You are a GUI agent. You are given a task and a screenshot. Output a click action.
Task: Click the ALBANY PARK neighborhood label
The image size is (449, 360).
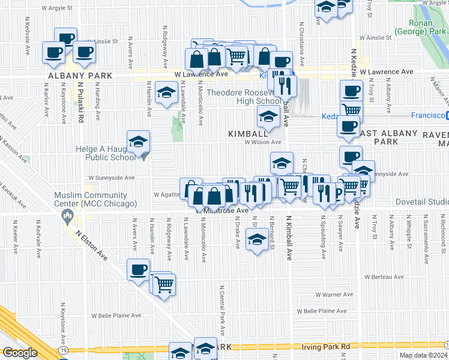[74, 76]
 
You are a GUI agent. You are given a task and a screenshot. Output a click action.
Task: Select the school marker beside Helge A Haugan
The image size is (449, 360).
[139, 143]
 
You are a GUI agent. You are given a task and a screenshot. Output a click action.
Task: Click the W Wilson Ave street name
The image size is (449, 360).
[262, 142]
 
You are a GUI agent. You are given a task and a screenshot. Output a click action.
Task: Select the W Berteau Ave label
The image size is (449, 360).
[385, 277]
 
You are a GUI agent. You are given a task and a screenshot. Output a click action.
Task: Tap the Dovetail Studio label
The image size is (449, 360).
[423, 202]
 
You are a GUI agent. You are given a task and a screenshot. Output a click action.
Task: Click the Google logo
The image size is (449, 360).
[20, 353]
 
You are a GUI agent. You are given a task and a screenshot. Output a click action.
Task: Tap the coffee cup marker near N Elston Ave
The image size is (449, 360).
[138, 269]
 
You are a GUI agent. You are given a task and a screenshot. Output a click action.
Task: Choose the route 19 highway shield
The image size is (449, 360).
[63, 349]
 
